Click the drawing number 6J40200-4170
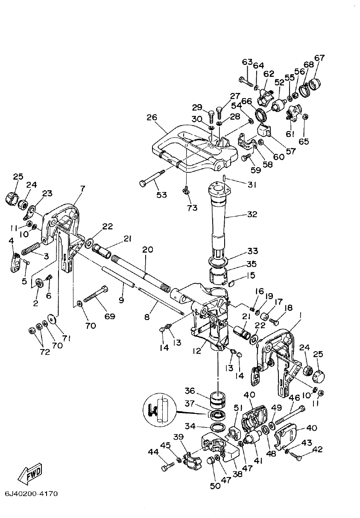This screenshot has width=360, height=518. [31, 494]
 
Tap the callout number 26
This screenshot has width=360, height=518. [152, 117]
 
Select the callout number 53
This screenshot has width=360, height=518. [161, 195]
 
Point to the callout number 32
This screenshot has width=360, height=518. [252, 214]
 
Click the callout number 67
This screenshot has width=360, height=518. [319, 58]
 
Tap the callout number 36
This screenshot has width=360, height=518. [190, 390]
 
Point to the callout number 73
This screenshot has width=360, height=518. [192, 208]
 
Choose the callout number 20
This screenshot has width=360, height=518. [147, 250]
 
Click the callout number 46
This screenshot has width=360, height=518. [294, 397]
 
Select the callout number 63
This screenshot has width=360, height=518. [247, 62]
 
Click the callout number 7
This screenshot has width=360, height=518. [82, 188]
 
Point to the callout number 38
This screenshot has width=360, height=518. [237, 473]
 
